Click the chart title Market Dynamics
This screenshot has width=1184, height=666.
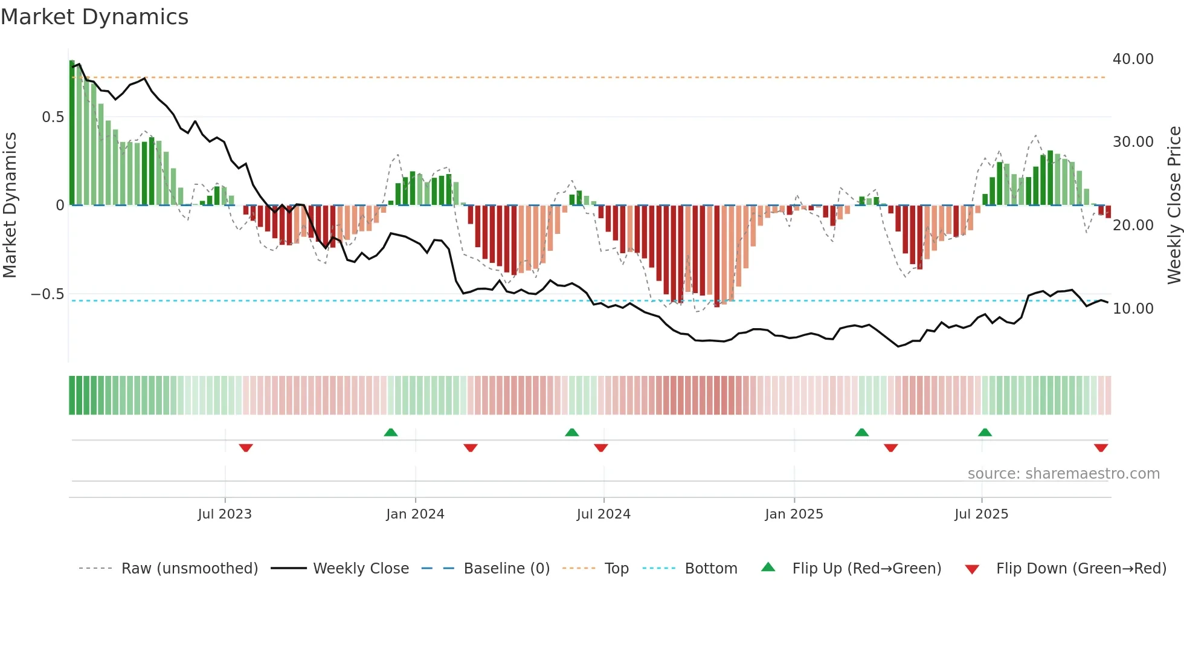95,17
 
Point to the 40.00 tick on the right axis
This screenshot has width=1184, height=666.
1133,59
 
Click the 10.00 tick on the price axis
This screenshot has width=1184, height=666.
1133,309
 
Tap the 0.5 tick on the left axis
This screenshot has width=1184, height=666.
53,117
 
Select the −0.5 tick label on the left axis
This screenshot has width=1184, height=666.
48,294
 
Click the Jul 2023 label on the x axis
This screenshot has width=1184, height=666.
225,514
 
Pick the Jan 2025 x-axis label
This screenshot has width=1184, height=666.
794,514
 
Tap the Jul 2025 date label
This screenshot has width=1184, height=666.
981,514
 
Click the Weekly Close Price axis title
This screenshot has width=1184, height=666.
1174,205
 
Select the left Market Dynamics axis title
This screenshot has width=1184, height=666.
10,205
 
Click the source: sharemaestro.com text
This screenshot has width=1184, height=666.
1063,474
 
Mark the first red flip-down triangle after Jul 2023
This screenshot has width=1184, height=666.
245,448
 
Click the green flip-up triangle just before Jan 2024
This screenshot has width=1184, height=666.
391,432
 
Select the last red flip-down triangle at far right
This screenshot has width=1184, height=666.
1101,448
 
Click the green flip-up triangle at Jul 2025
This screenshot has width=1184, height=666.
985,432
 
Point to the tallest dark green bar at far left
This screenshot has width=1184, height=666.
72,133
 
